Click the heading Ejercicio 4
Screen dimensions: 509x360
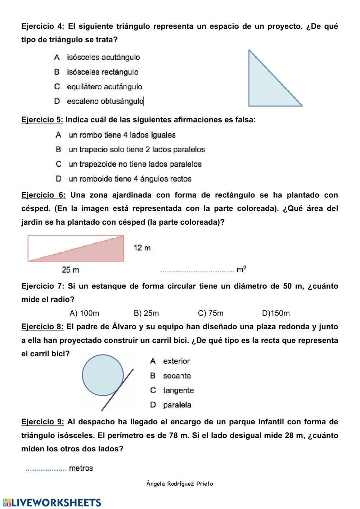43,26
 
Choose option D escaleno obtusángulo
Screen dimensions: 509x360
99,101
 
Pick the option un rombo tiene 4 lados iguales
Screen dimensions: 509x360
116,135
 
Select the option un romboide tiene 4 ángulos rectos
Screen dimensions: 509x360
123,179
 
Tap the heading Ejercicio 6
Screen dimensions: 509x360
43,195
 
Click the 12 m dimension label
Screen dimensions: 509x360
142,248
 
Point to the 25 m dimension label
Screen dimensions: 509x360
71,270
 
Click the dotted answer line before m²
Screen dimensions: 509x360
197,271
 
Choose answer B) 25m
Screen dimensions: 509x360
146,313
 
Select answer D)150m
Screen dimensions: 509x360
276,313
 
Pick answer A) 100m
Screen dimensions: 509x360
84,313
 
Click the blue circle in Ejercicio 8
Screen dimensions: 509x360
103,375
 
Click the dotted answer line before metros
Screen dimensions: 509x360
46,469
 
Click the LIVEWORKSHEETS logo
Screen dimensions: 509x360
52,503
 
